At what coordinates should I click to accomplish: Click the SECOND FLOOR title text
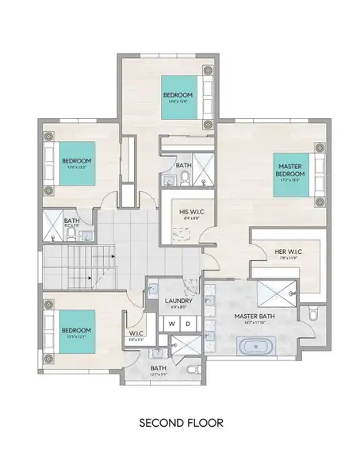(180, 423)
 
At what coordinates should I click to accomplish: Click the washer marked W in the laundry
(170, 324)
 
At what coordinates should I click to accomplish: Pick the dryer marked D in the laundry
(188, 324)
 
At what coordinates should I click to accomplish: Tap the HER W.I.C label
(285, 254)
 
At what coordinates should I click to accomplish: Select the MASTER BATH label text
(254, 316)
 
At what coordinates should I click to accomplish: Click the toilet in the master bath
(312, 316)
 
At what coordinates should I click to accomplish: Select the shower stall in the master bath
(278, 294)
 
